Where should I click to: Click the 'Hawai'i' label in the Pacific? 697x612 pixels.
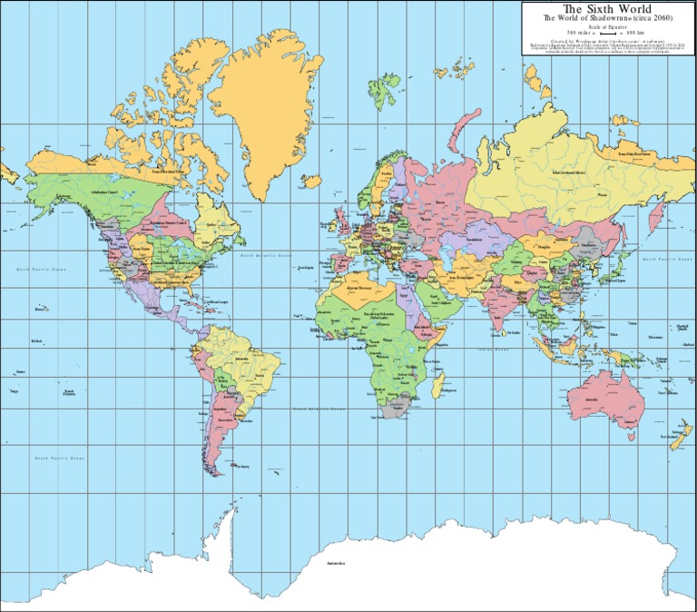pos(40,309)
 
